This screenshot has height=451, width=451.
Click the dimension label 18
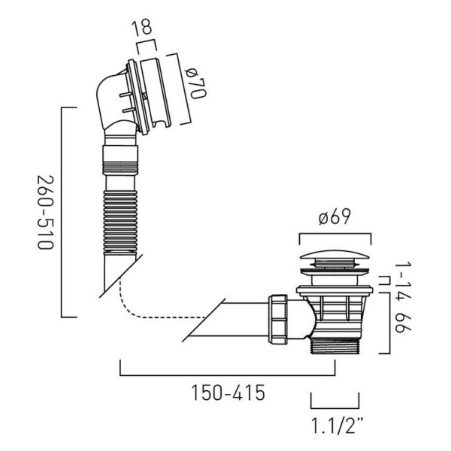(141, 28)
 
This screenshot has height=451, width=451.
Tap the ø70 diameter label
(196, 83)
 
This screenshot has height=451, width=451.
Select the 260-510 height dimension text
(45, 212)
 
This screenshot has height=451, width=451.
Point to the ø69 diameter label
(334, 216)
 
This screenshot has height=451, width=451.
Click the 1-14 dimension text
(403, 282)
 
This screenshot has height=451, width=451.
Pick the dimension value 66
(403, 323)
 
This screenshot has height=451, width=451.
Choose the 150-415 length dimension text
(228, 393)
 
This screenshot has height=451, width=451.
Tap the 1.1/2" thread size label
(337, 426)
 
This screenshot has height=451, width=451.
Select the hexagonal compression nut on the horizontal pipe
(278, 319)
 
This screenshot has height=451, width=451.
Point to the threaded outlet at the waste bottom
(335, 346)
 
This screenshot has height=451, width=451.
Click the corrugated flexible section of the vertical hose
(120, 220)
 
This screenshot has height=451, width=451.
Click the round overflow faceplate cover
(156, 92)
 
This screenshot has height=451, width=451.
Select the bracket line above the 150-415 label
(228, 375)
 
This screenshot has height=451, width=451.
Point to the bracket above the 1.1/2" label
(334, 407)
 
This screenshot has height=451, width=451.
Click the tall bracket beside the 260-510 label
(62, 212)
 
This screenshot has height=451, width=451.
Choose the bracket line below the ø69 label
(335, 234)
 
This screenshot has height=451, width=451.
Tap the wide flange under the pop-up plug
(334, 290)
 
